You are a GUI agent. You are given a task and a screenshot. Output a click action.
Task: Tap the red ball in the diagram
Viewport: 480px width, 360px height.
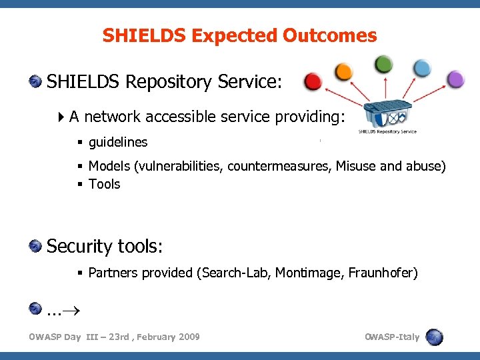[x=313, y=82]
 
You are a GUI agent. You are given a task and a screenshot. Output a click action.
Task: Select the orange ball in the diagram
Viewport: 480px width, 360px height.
[x=343, y=71]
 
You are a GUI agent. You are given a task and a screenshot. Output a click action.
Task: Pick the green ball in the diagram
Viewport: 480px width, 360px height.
[x=384, y=64]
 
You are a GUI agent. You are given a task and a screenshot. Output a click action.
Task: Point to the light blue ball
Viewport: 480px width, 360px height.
[x=422, y=68]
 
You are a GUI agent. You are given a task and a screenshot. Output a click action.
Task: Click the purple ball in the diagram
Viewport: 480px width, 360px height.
[x=455, y=80]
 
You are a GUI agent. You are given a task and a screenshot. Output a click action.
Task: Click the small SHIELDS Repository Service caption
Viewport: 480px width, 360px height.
[x=387, y=131]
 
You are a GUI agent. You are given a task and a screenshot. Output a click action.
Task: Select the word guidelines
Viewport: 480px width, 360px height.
[x=118, y=142]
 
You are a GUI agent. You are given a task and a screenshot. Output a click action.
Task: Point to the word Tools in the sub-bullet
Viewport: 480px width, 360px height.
[x=104, y=184]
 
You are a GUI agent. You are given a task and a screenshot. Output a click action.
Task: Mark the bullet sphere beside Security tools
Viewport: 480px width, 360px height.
[x=35, y=247]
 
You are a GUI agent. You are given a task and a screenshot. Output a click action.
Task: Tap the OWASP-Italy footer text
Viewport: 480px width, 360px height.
[x=392, y=337]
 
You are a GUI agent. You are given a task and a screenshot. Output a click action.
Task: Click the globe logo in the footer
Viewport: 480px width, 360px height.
[x=434, y=337]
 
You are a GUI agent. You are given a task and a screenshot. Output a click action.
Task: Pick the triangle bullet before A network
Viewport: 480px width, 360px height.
[x=61, y=117]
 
